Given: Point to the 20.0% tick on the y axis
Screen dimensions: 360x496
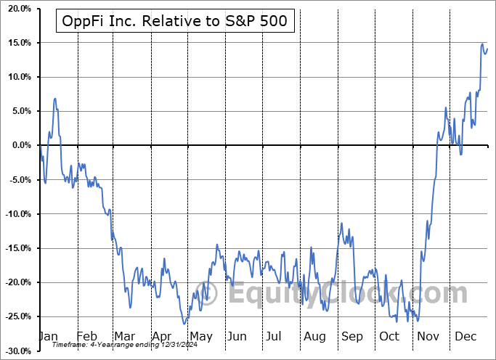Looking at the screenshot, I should click(x=17, y=9).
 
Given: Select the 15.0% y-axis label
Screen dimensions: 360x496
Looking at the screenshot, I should click(x=17, y=43).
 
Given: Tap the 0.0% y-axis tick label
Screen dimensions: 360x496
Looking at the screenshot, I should click(x=19, y=145).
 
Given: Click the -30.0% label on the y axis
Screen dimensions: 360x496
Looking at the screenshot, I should click(x=15, y=351).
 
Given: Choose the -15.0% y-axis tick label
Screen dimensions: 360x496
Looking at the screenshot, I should click(x=15, y=248).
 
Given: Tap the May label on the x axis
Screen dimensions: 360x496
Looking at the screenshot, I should click(x=201, y=337).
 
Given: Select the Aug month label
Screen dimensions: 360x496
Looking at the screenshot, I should click(x=315, y=337).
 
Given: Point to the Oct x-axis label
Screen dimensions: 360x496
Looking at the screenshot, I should click(x=389, y=337).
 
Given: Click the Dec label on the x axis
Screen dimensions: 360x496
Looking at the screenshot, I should click(x=465, y=337).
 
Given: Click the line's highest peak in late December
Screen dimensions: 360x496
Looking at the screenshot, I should click(x=483, y=44).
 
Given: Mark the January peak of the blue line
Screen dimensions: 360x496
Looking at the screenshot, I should click(x=55, y=98).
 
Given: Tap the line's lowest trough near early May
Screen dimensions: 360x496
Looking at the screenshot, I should click(x=185, y=324).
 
